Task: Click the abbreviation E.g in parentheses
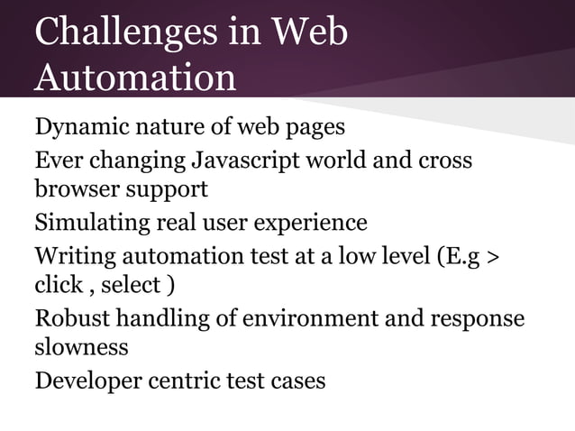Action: [459, 255]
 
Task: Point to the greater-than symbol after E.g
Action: [492, 255]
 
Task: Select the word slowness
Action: [81, 346]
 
